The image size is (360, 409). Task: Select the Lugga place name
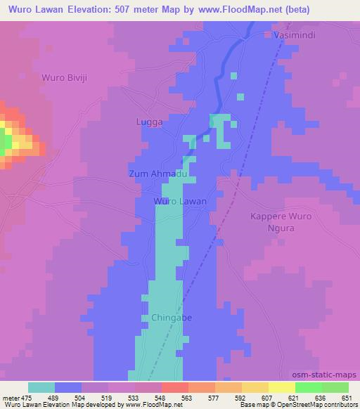[x=149, y=122]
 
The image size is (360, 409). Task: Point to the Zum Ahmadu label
[x=157, y=174]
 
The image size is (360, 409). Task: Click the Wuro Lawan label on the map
[x=180, y=201]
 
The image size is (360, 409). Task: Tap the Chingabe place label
[x=172, y=318]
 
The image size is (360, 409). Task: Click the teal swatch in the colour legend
[x=41, y=387]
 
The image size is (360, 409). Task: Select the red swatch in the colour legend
[x=174, y=387]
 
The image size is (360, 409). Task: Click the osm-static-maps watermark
[x=329, y=375]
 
